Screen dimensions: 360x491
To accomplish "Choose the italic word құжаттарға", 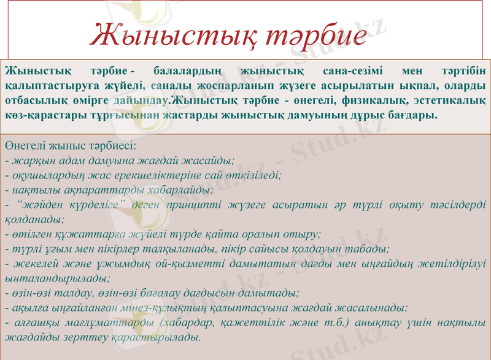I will (77, 234).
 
